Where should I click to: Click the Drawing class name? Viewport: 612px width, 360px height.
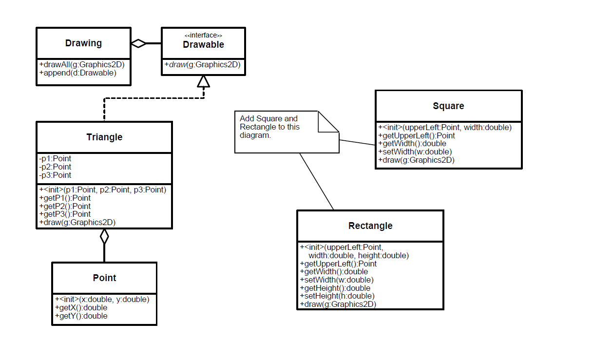coord(83,43)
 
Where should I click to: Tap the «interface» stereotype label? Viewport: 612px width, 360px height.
coord(203,35)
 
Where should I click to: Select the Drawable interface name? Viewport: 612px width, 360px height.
coord(203,44)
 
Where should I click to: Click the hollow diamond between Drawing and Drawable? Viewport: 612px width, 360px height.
coord(138,43)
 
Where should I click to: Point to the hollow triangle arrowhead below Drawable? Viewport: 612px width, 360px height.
coord(204,81)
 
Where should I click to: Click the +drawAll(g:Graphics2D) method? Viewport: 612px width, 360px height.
coord(82,64)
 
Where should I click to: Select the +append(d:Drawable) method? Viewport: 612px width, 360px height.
coord(78,73)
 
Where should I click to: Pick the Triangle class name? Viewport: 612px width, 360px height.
coord(104,137)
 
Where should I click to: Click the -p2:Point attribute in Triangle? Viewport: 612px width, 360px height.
coord(55,167)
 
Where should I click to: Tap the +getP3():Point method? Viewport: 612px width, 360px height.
coord(65,214)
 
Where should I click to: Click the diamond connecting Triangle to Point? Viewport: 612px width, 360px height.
coord(104,236)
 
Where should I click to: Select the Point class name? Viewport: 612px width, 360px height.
coord(104,278)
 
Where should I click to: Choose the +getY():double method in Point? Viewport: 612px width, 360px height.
coord(81,316)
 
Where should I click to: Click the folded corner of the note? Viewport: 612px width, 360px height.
coord(328,122)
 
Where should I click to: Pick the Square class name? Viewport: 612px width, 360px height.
coord(448,106)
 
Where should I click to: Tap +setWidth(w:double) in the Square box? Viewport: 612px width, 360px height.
coord(415,152)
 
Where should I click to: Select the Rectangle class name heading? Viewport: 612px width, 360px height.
coord(370,226)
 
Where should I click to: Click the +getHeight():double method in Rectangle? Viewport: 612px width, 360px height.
coord(335,288)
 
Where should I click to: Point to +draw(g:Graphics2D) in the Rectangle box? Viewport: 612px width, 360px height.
coord(338,304)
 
